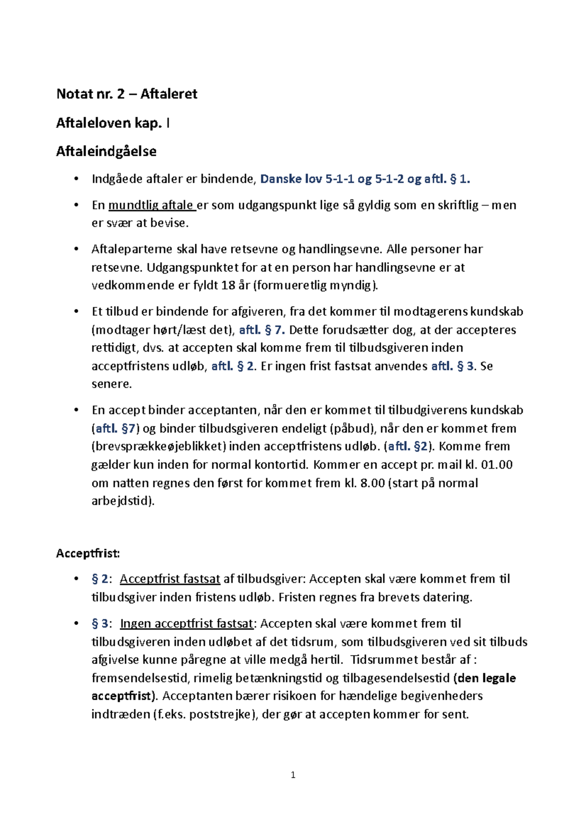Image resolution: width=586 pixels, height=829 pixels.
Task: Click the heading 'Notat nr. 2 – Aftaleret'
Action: pos(126,94)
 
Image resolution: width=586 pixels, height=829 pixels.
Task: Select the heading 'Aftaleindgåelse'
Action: pos(106,151)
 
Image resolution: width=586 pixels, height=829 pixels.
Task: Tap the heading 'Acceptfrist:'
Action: pos(88,554)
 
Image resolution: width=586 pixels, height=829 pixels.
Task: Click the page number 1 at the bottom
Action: pos(293,775)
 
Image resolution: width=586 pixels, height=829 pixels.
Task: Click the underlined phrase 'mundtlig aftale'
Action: pos(151,205)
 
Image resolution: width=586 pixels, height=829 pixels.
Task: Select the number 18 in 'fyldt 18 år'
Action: pos(228,286)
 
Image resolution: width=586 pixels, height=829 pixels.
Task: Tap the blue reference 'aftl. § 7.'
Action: pos(262,330)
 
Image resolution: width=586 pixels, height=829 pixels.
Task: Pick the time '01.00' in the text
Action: pos(497,465)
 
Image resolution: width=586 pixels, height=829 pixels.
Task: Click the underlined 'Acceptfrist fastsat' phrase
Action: pos(170,579)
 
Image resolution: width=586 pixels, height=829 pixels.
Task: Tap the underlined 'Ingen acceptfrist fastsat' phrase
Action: pos(187,624)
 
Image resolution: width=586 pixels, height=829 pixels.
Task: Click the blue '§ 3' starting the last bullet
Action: pos(100,624)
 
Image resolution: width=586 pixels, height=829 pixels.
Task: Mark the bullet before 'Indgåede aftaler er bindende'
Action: pos(76,179)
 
